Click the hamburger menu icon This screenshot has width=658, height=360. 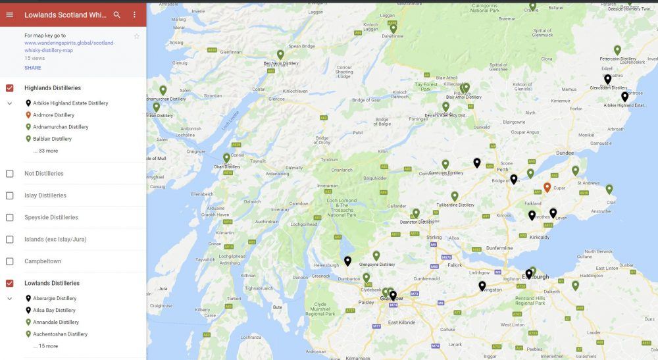[9, 14]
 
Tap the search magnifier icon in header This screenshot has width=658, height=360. [116, 14]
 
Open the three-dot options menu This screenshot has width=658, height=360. [134, 14]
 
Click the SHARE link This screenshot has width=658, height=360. [33, 68]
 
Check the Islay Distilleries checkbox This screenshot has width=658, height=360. [10, 195]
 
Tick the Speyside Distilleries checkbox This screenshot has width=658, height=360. [10, 217]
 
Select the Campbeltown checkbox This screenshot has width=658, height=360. [10, 261]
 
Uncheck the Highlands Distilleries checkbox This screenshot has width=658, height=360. [10, 88]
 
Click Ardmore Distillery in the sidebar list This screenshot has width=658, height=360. [54, 115]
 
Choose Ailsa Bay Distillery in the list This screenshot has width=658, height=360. [54, 310]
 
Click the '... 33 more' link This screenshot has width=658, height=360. [45, 151]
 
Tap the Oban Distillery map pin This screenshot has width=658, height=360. [226, 158]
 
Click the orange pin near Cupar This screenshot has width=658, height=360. [547, 188]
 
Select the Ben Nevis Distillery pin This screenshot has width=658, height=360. [280, 55]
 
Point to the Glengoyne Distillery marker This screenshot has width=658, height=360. [376, 255]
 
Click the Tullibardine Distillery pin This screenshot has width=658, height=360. [454, 196]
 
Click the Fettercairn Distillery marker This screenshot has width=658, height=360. [617, 50]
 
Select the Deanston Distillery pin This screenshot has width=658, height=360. [416, 213]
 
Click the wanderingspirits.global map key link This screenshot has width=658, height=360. [70, 46]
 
